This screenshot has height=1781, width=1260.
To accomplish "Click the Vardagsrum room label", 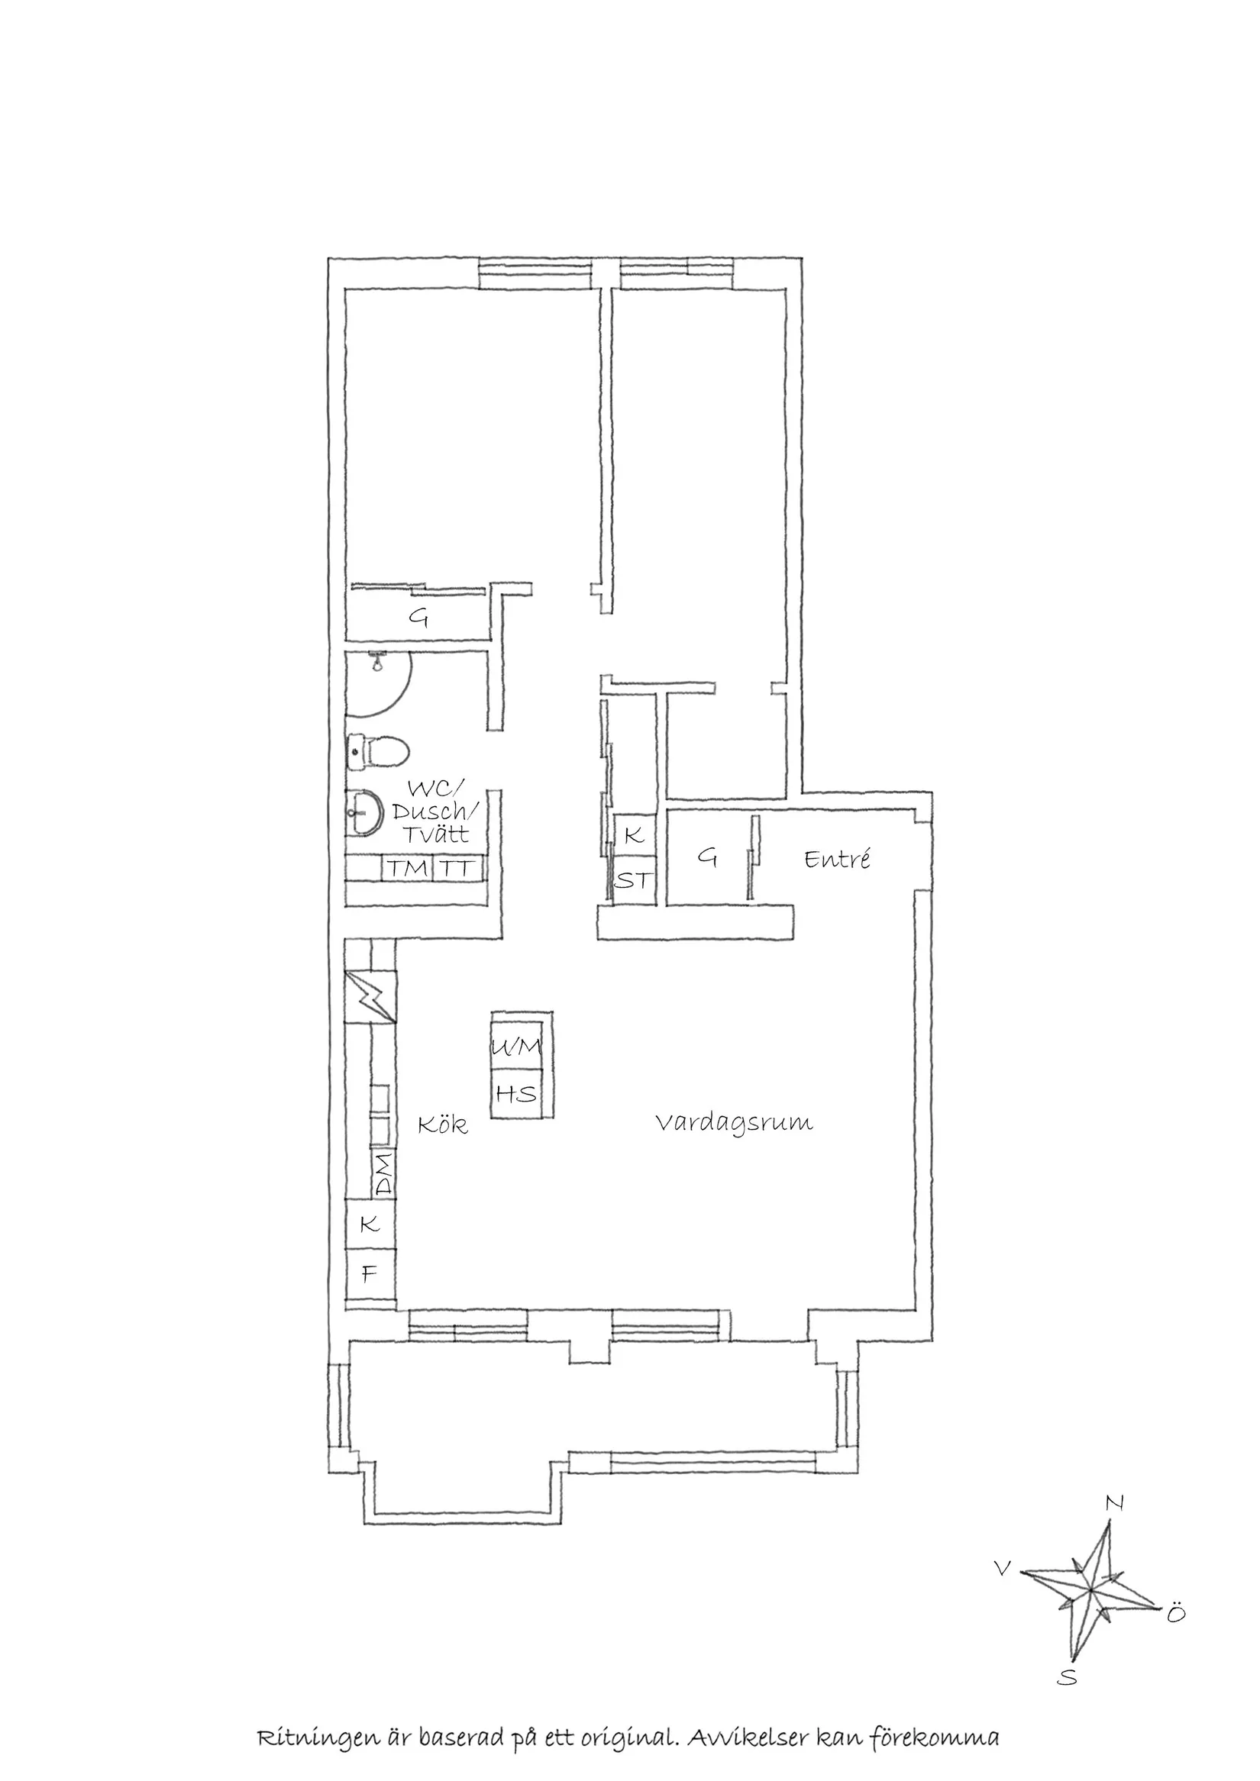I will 733,1122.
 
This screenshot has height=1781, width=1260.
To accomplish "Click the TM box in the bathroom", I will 407,868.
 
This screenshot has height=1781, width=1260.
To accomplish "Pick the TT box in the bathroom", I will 457,868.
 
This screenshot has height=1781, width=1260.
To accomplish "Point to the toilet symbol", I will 378,751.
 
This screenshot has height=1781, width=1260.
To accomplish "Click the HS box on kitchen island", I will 517,1094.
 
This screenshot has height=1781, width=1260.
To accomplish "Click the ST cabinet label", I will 635,881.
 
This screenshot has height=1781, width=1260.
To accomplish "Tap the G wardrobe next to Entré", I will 706,857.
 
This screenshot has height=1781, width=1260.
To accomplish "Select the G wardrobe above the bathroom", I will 419,618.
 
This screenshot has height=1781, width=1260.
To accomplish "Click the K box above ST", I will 634,835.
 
